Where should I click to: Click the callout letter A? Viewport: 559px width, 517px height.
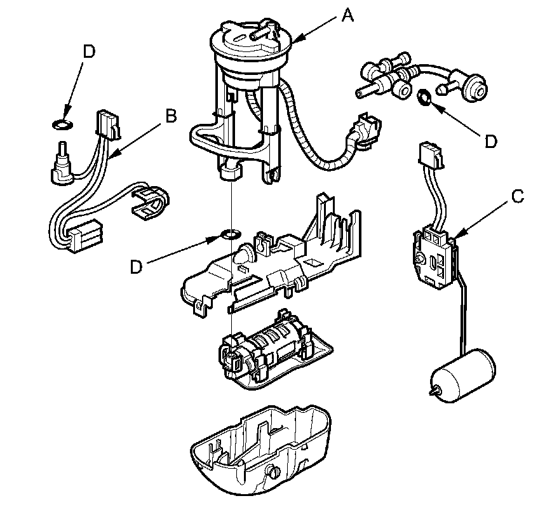[347, 16]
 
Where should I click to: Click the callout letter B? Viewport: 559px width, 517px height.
[170, 116]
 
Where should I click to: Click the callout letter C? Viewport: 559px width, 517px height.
[518, 196]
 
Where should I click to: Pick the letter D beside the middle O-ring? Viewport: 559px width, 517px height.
[135, 267]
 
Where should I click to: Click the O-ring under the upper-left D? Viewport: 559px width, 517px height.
[62, 123]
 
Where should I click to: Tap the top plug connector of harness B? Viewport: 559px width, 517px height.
[107, 124]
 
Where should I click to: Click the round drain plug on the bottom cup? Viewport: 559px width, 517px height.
[274, 473]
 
